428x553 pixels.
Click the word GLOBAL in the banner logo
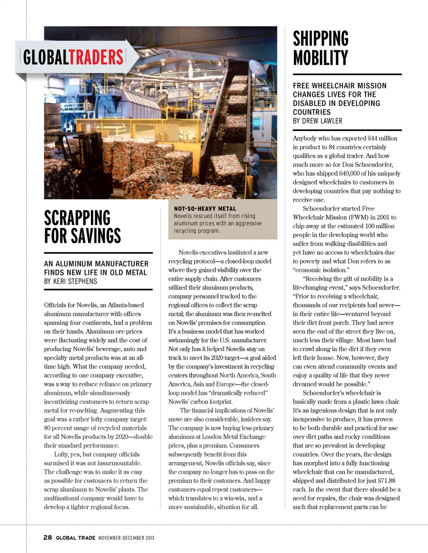(45, 57)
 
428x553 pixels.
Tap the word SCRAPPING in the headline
(77, 218)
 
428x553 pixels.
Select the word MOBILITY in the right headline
(320, 58)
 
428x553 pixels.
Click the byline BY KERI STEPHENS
(70, 282)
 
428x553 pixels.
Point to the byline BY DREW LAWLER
(317, 121)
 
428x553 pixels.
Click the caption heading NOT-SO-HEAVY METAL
(205, 209)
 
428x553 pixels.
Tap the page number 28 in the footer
(48, 537)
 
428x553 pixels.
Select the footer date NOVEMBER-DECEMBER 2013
(126, 538)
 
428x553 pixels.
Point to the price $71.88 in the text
(386, 480)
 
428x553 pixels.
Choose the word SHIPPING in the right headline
(321, 39)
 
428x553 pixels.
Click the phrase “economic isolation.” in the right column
(320, 270)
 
